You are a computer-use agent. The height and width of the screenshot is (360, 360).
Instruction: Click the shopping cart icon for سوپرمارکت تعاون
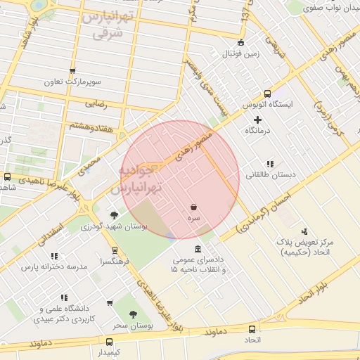(72, 70)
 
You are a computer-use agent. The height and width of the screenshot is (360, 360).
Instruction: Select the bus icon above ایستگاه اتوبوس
(266, 94)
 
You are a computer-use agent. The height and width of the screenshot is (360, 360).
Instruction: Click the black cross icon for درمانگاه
(257, 120)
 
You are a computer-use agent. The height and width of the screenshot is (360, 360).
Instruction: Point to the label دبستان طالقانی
(271, 174)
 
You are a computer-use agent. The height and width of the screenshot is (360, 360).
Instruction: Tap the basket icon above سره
(193, 207)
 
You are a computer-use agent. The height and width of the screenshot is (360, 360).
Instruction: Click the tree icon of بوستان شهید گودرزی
(115, 215)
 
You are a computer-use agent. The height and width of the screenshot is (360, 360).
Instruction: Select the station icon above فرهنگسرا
(115, 250)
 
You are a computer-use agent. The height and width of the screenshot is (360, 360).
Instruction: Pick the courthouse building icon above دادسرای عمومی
(198, 249)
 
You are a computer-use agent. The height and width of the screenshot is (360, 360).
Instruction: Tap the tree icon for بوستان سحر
(133, 314)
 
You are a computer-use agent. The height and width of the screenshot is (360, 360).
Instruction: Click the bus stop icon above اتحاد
(252, 329)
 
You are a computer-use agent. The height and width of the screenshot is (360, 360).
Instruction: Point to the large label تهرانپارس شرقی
(105, 25)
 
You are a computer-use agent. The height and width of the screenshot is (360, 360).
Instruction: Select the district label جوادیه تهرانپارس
(140, 180)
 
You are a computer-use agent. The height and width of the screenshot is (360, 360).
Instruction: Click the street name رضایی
(96, 103)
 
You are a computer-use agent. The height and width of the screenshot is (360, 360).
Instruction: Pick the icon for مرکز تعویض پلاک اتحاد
(304, 231)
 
